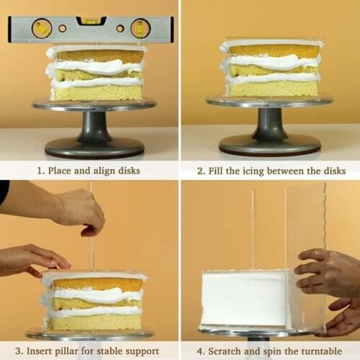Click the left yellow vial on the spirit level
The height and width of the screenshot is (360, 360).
(x=42, y=28)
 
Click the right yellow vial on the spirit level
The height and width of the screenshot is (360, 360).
(x=140, y=28)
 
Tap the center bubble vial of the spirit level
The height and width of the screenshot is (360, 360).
(x=91, y=21)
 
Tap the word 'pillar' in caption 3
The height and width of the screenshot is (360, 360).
(x=73, y=351)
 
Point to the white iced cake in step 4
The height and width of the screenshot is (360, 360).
(x=245, y=299)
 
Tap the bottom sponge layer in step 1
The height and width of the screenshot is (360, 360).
(x=97, y=93)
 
